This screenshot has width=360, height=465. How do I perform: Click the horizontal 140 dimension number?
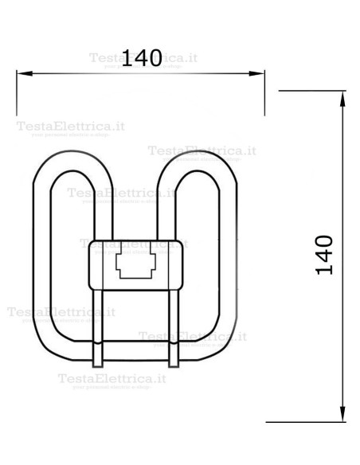(x=143, y=57)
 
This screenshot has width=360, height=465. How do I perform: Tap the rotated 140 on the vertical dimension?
(x=323, y=254)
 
